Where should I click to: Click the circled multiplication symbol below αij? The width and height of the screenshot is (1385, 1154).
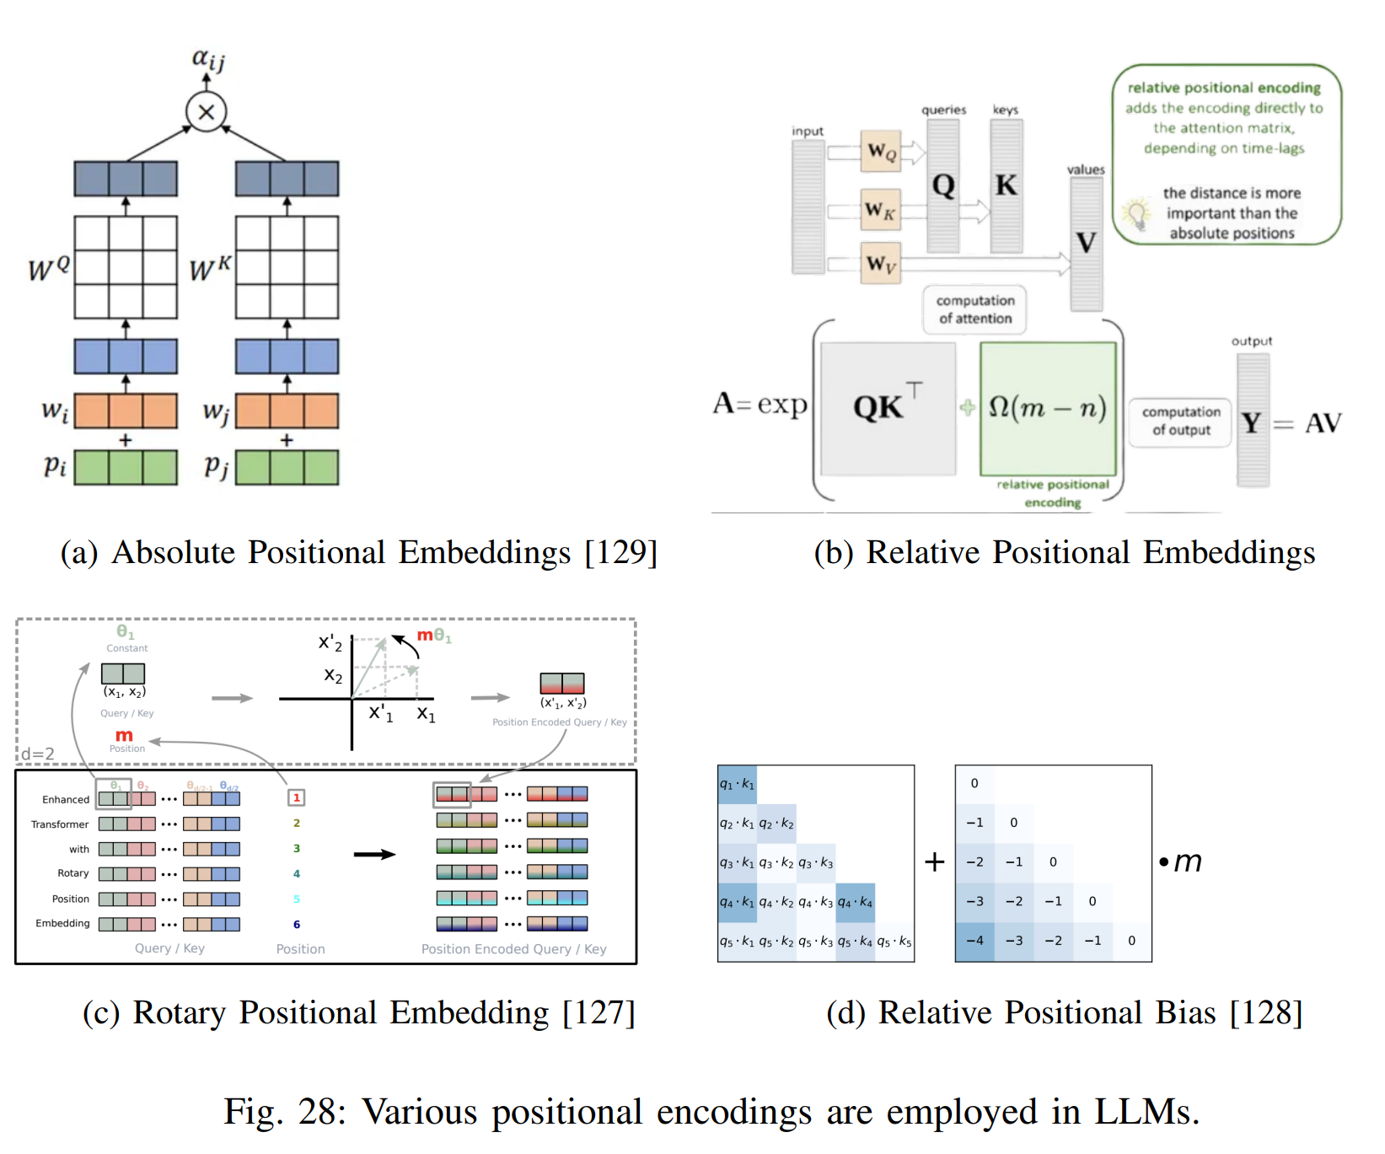206,112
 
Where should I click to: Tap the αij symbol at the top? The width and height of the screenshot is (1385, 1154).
207,58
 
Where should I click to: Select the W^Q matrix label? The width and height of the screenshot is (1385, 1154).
48,268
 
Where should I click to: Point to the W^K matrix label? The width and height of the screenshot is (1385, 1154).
210,268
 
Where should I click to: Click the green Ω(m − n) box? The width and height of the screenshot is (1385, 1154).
1048,409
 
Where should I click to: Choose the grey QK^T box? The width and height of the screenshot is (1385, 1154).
888,409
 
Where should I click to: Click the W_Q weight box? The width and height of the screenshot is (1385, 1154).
881,152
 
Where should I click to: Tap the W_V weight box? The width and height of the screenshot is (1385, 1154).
881,264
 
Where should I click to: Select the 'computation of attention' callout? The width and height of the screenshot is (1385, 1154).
974,309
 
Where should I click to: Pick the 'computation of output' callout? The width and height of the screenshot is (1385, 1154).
1180,421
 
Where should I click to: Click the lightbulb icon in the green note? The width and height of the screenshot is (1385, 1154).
1138,214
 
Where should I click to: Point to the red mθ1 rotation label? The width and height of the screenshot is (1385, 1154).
434,636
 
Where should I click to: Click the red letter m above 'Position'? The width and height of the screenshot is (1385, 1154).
124,736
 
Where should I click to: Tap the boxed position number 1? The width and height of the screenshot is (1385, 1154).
297,797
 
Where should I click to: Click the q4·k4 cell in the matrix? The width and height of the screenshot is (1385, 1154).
855,902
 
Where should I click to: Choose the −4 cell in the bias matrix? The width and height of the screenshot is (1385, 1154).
974,941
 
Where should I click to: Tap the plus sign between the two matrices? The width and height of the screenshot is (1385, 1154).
934,861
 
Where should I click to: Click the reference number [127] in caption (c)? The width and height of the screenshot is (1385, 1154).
599,1012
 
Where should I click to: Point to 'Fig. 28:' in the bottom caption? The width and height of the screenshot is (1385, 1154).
285,1112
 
